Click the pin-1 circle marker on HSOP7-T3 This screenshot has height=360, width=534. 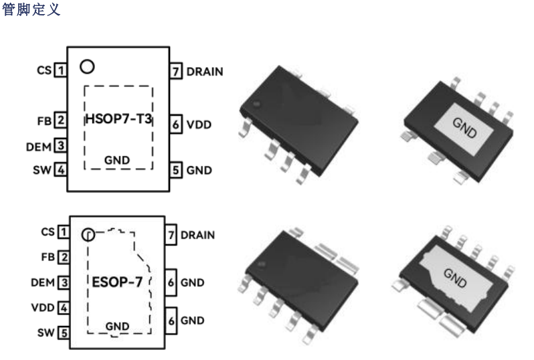[86, 67]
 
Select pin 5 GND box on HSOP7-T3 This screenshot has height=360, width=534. [175, 170]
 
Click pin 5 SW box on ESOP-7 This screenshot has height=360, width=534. [64, 332]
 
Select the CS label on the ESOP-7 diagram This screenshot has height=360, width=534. [47, 232]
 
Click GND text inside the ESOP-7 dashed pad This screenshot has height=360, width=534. [117, 326]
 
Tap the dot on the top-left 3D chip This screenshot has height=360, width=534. [256, 104]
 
